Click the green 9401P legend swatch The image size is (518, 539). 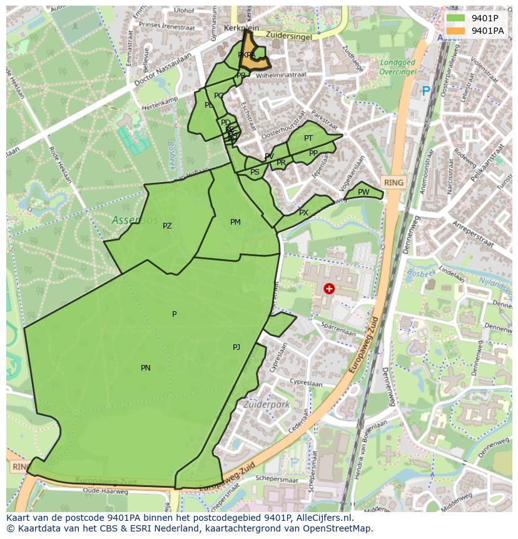(456, 18)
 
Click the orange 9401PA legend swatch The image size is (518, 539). (456, 31)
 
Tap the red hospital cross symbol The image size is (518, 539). (329, 289)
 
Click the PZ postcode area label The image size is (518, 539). (167, 226)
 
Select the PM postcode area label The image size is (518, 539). (235, 222)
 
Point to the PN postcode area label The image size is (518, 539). (145, 368)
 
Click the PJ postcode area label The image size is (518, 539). (236, 347)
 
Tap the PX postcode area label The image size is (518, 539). (303, 213)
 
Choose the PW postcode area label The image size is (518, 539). (363, 192)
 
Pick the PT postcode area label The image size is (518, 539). (308, 138)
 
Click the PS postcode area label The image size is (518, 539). (255, 172)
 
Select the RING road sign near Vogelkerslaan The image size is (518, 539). (394, 183)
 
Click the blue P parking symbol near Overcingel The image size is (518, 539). (426, 91)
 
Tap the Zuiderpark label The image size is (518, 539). (268, 405)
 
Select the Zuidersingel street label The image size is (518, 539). (288, 37)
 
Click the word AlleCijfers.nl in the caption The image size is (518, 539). (325, 518)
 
